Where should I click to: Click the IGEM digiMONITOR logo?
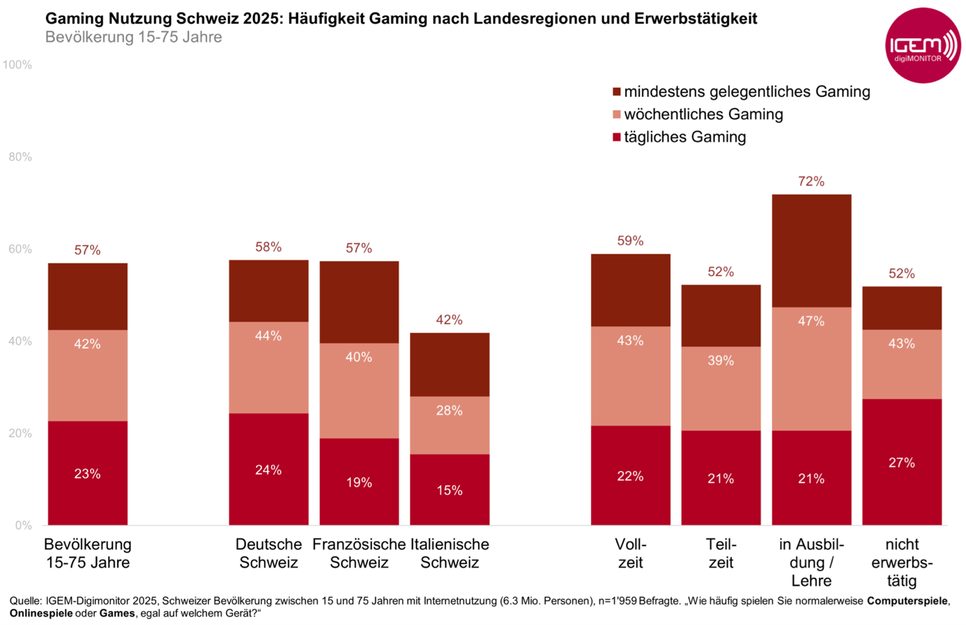pos(922,46)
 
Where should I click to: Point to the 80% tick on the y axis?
pos(20,157)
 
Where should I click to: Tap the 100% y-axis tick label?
pos(17,65)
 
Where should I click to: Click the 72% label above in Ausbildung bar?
pos(811,181)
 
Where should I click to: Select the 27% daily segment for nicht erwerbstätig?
pos(901,462)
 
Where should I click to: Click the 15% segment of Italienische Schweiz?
pos(450,490)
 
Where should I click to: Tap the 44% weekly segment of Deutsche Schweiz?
pos(268,367)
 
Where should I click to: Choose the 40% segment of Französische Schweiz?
pos(359,390)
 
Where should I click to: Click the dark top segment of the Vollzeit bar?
pos(630,290)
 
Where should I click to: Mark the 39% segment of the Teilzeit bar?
pos(721,388)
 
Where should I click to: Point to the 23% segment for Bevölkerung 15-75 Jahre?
pos(88,473)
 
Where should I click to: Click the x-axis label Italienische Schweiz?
pos(450,553)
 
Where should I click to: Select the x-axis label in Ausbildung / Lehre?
pos(811,562)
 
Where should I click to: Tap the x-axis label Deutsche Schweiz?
pos(268,553)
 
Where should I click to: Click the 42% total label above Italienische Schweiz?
pos(450,319)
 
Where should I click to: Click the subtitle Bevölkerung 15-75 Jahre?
pos(134,37)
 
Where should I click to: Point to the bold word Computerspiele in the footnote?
pos(907,601)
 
